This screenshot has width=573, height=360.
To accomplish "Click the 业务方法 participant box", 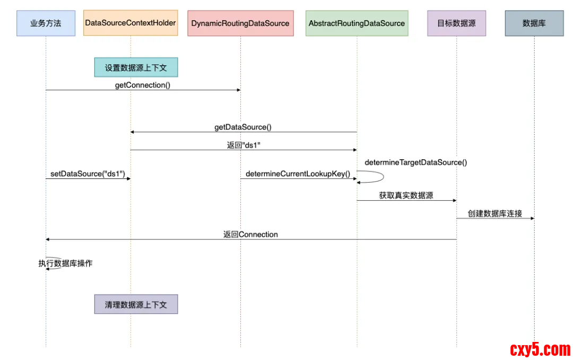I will (46, 23).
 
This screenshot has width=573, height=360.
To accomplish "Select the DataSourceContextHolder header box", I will (131, 23).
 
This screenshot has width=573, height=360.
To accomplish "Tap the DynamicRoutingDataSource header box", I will (240, 23).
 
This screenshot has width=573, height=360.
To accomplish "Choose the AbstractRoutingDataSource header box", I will (357, 23).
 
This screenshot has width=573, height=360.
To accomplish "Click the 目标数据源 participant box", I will (456, 23).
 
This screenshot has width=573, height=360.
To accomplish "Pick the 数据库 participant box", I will (534, 23).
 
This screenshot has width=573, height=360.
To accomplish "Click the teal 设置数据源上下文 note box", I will (136, 67).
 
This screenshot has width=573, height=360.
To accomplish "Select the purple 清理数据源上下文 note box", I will (136, 304).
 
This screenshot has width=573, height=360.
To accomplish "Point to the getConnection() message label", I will (143, 85).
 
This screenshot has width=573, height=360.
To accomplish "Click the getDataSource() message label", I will (243, 127).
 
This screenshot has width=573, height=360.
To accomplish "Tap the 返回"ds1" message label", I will (244, 145).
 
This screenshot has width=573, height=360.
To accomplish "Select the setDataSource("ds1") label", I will (88, 174).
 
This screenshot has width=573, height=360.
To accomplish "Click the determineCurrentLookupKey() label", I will (298, 174).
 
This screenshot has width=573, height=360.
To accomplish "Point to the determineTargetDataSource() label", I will (416, 162).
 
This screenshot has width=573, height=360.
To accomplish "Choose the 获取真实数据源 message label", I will (406, 195).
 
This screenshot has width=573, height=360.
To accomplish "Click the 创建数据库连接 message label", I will (494, 213).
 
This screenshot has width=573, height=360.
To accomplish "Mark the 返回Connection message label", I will (250, 234).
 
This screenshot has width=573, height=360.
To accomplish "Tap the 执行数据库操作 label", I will (65, 263).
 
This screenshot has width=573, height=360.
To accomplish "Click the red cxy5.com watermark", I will (540, 349).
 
